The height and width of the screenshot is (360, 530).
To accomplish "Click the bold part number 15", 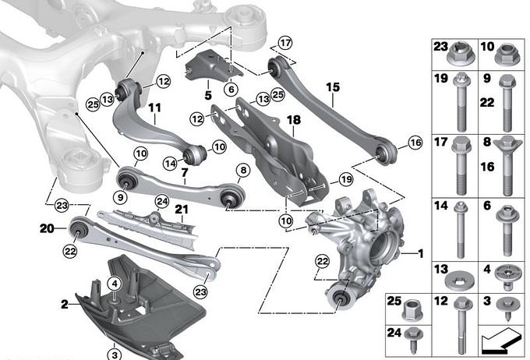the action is (x=333, y=87).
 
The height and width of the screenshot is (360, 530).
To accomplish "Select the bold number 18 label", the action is (x=293, y=120).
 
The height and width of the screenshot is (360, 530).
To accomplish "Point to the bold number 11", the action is (x=154, y=108).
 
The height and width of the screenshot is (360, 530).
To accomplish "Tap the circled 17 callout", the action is (x=285, y=43).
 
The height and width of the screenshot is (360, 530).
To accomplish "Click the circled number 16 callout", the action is (x=415, y=143).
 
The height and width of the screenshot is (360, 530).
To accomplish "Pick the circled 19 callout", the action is (x=346, y=179).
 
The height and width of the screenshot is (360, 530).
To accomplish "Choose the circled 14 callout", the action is (x=170, y=164).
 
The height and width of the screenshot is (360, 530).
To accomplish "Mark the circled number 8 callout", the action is (x=243, y=171).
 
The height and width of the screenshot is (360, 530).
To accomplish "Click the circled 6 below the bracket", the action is (x=231, y=90).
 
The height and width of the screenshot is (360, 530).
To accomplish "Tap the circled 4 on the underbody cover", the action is (x=115, y=284).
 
